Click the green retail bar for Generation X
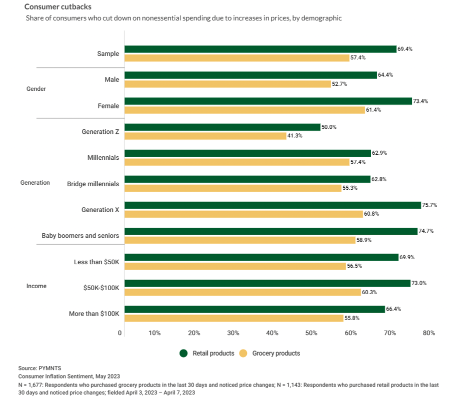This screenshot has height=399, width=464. [x=272, y=205]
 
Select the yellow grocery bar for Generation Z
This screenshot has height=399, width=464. [x=205, y=136]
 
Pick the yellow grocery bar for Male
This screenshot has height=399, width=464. [x=227, y=84]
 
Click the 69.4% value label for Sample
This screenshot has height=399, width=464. [x=405, y=49]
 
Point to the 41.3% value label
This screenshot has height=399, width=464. [x=295, y=136]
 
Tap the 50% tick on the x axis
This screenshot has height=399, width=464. [x=311, y=333]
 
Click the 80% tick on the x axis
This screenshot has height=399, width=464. [x=428, y=333]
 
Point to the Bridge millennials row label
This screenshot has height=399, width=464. [x=93, y=184]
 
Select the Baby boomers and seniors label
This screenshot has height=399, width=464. [x=80, y=235]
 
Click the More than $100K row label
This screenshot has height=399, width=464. [x=94, y=314]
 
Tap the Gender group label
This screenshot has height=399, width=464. [x=35, y=89]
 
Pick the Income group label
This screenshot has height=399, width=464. [x=36, y=286]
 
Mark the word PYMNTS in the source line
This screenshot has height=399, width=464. [x=50, y=368]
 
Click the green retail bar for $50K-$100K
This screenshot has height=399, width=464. [x=267, y=283]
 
